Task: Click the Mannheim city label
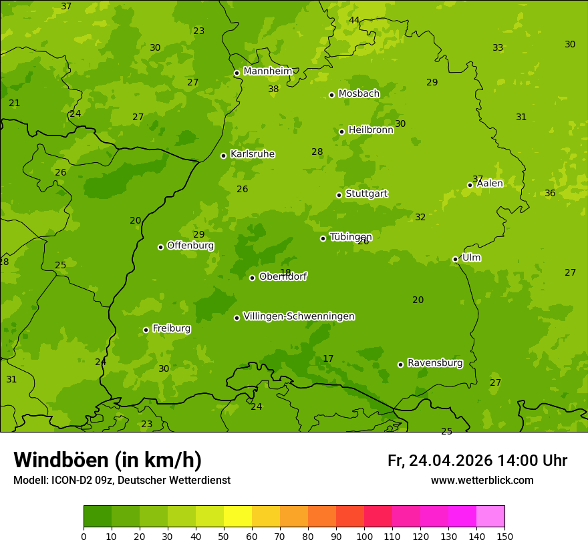click(x=267, y=71)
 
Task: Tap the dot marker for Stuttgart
click(x=339, y=195)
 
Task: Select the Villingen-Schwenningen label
click(x=299, y=316)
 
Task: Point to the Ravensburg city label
click(x=435, y=363)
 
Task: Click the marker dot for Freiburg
click(x=146, y=330)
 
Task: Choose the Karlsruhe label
click(x=253, y=154)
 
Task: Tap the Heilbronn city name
click(x=371, y=130)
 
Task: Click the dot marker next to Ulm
click(x=455, y=259)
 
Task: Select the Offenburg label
click(x=190, y=246)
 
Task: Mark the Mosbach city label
click(x=359, y=94)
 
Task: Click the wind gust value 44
click(x=354, y=20)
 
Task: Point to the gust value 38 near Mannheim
click(x=273, y=89)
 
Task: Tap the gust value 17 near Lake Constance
click(x=328, y=358)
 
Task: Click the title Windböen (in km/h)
click(x=108, y=460)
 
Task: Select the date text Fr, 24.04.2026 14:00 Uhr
click(x=477, y=461)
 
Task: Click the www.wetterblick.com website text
click(x=482, y=480)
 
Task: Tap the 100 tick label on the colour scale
click(x=364, y=536)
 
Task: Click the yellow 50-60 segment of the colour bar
click(x=238, y=517)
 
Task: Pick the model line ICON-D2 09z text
click(x=122, y=480)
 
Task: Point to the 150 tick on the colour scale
click(x=504, y=536)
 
